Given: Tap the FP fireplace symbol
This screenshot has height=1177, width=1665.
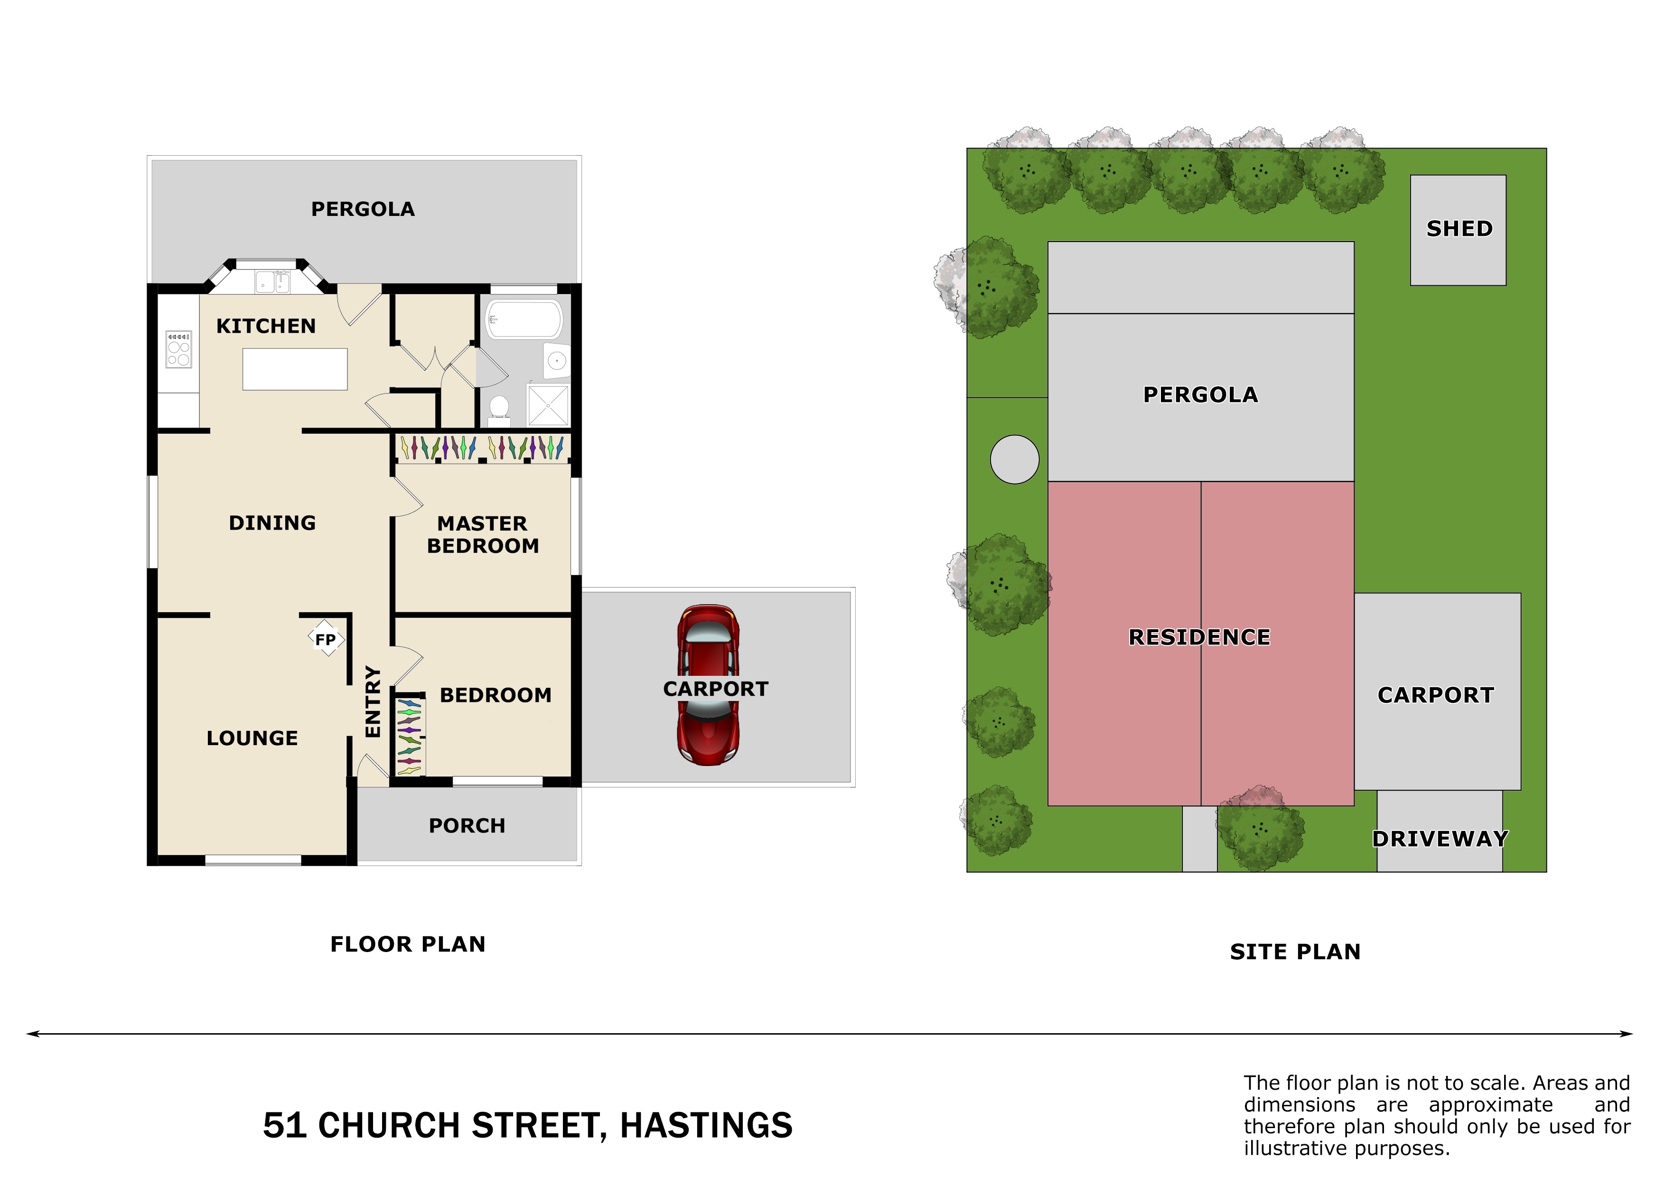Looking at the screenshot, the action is coord(326,639).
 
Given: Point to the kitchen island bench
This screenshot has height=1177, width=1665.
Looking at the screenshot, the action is coord(295,369).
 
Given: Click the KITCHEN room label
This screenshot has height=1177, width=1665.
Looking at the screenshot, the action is coord(266,327).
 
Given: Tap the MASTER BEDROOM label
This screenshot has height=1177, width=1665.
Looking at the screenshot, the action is coord(483,534).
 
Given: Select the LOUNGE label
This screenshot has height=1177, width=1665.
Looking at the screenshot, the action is coord(253,738).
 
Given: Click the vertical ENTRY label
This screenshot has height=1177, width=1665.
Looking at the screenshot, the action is coord(373,702).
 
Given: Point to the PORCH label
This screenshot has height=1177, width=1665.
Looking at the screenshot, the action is coord(467,826).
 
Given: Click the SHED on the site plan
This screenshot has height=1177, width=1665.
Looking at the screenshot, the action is coord(1459,230).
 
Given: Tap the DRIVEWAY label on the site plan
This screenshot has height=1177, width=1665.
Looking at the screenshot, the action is coord(1440,839).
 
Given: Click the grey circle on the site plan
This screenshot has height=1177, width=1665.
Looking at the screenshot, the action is coord(1014,459).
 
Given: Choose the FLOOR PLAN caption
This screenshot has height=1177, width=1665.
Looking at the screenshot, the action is coord(408,944).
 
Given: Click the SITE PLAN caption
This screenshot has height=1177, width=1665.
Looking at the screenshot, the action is coord(1295,952).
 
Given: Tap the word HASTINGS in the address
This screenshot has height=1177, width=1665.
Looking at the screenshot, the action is coord(706,1126).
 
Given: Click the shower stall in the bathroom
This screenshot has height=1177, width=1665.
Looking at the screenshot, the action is coord(548,405).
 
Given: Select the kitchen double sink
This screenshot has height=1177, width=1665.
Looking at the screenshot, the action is coord(272,282).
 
